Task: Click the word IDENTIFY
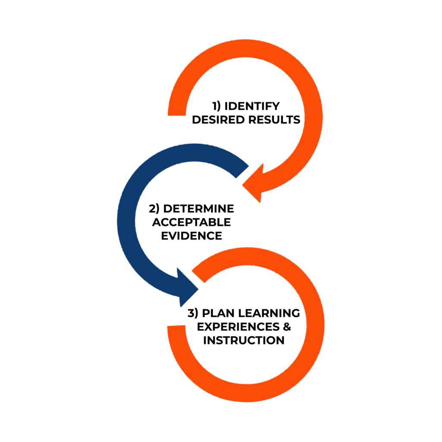point(252,106)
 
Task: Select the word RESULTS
point(274,120)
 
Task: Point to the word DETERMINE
point(199,209)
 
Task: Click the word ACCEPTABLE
point(191,222)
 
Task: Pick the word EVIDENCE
point(191,236)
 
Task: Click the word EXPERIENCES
point(238,327)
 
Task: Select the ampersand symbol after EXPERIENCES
point(287,327)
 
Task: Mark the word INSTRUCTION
point(244,340)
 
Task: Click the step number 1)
point(217,106)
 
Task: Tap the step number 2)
point(154,209)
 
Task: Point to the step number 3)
point(193,313)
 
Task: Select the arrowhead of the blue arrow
point(187,288)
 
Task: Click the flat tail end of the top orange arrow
point(177,115)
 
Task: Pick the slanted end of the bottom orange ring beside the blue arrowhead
point(198,277)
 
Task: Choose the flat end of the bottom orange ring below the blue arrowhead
point(176,326)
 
